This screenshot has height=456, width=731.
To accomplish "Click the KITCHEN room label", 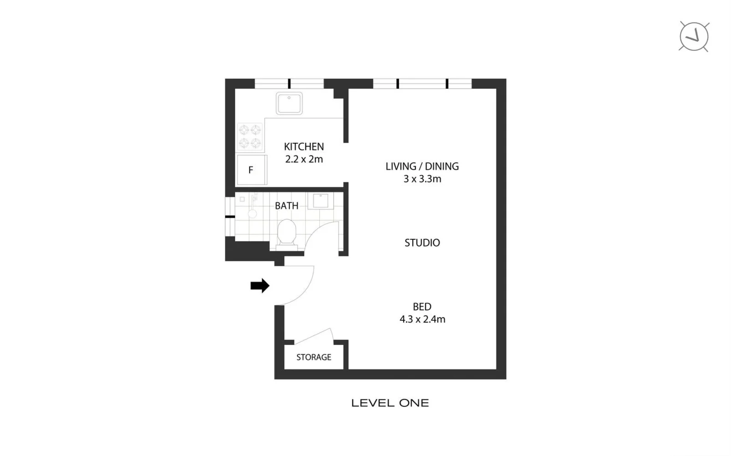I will (x=304, y=147).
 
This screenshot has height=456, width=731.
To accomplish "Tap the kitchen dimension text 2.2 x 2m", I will (x=304, y=159).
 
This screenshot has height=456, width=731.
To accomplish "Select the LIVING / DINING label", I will (x=422, y=166).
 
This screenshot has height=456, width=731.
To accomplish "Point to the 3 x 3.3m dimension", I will (x=422, y=179).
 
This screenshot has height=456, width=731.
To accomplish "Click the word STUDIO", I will (x=422, y=243).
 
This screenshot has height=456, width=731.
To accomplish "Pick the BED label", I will (x=422, y=307).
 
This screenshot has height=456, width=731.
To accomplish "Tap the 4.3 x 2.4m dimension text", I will (x=422, y=319).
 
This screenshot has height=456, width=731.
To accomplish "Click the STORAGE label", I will (x=313, y=357).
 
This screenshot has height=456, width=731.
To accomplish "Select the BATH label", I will (x=286, y=206).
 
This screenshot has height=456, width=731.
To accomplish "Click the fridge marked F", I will (x=251, y=170).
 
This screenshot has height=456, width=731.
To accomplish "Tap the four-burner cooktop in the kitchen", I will (x=250, y=137).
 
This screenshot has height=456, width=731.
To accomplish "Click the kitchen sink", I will (x=289, y=103).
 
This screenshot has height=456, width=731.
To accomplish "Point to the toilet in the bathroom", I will (x=286, y=232).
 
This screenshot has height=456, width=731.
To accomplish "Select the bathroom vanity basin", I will (x=320, y=201).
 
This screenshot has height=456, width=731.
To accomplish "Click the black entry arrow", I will (x=260, y=286).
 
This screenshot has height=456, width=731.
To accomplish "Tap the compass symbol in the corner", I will (x=694, y=36).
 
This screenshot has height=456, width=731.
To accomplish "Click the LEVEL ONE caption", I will (x=390, y=403).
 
